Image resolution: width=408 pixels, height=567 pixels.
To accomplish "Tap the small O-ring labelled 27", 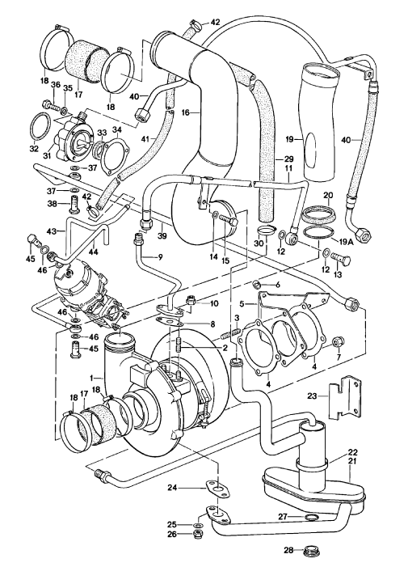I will click(x=310, y=517).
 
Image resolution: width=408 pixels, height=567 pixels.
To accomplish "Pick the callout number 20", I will click(x=328, y=195).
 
